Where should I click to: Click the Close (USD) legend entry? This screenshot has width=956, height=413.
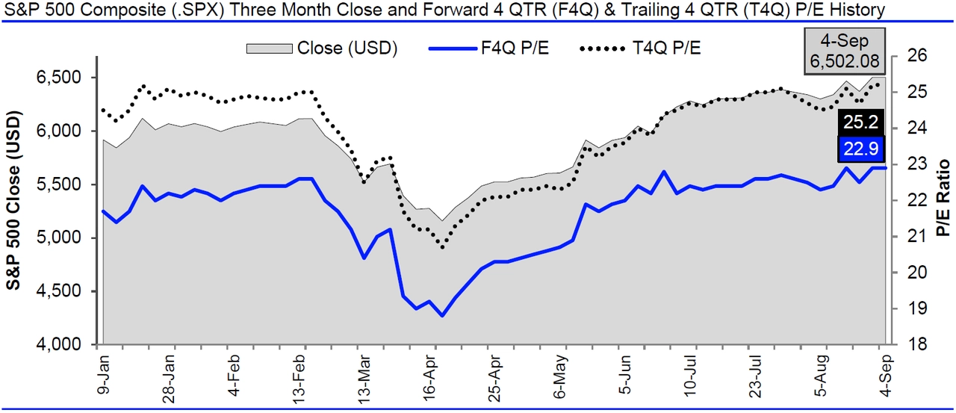[347, 49]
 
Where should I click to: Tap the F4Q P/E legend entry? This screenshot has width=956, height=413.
[513, 49]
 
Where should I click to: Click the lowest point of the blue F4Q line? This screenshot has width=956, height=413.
[442, 316]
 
